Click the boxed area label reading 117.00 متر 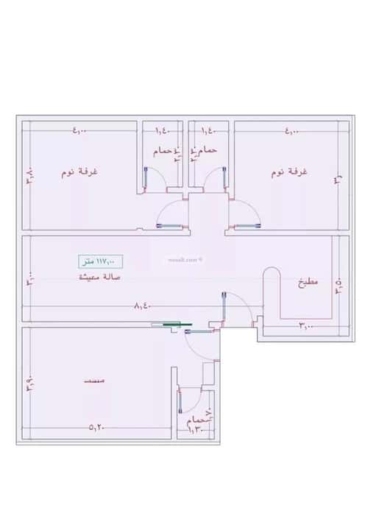tap(101, 261)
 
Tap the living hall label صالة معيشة tap(101, 277)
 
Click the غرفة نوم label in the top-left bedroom tap(80, 172)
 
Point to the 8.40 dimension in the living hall tap(144, 305)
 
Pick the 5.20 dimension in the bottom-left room tap(97, 426)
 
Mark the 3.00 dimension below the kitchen tap(307, 325)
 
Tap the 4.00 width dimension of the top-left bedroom tap(79, 132)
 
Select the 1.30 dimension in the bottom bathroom tap(197, 427)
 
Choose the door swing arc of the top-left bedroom tap(168, 214)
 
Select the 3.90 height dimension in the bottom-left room tap(29, 384)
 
